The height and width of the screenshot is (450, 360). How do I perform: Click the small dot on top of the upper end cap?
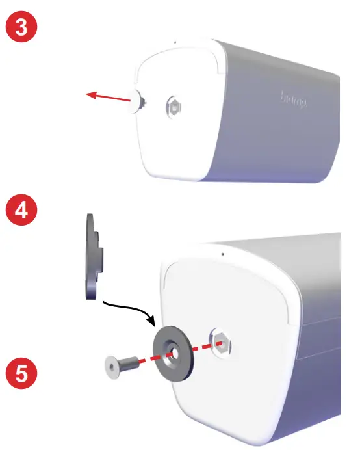point(174,42)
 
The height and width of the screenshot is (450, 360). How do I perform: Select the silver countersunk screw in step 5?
point(120,365)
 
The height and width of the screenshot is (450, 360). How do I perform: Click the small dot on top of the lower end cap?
point(222,254)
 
